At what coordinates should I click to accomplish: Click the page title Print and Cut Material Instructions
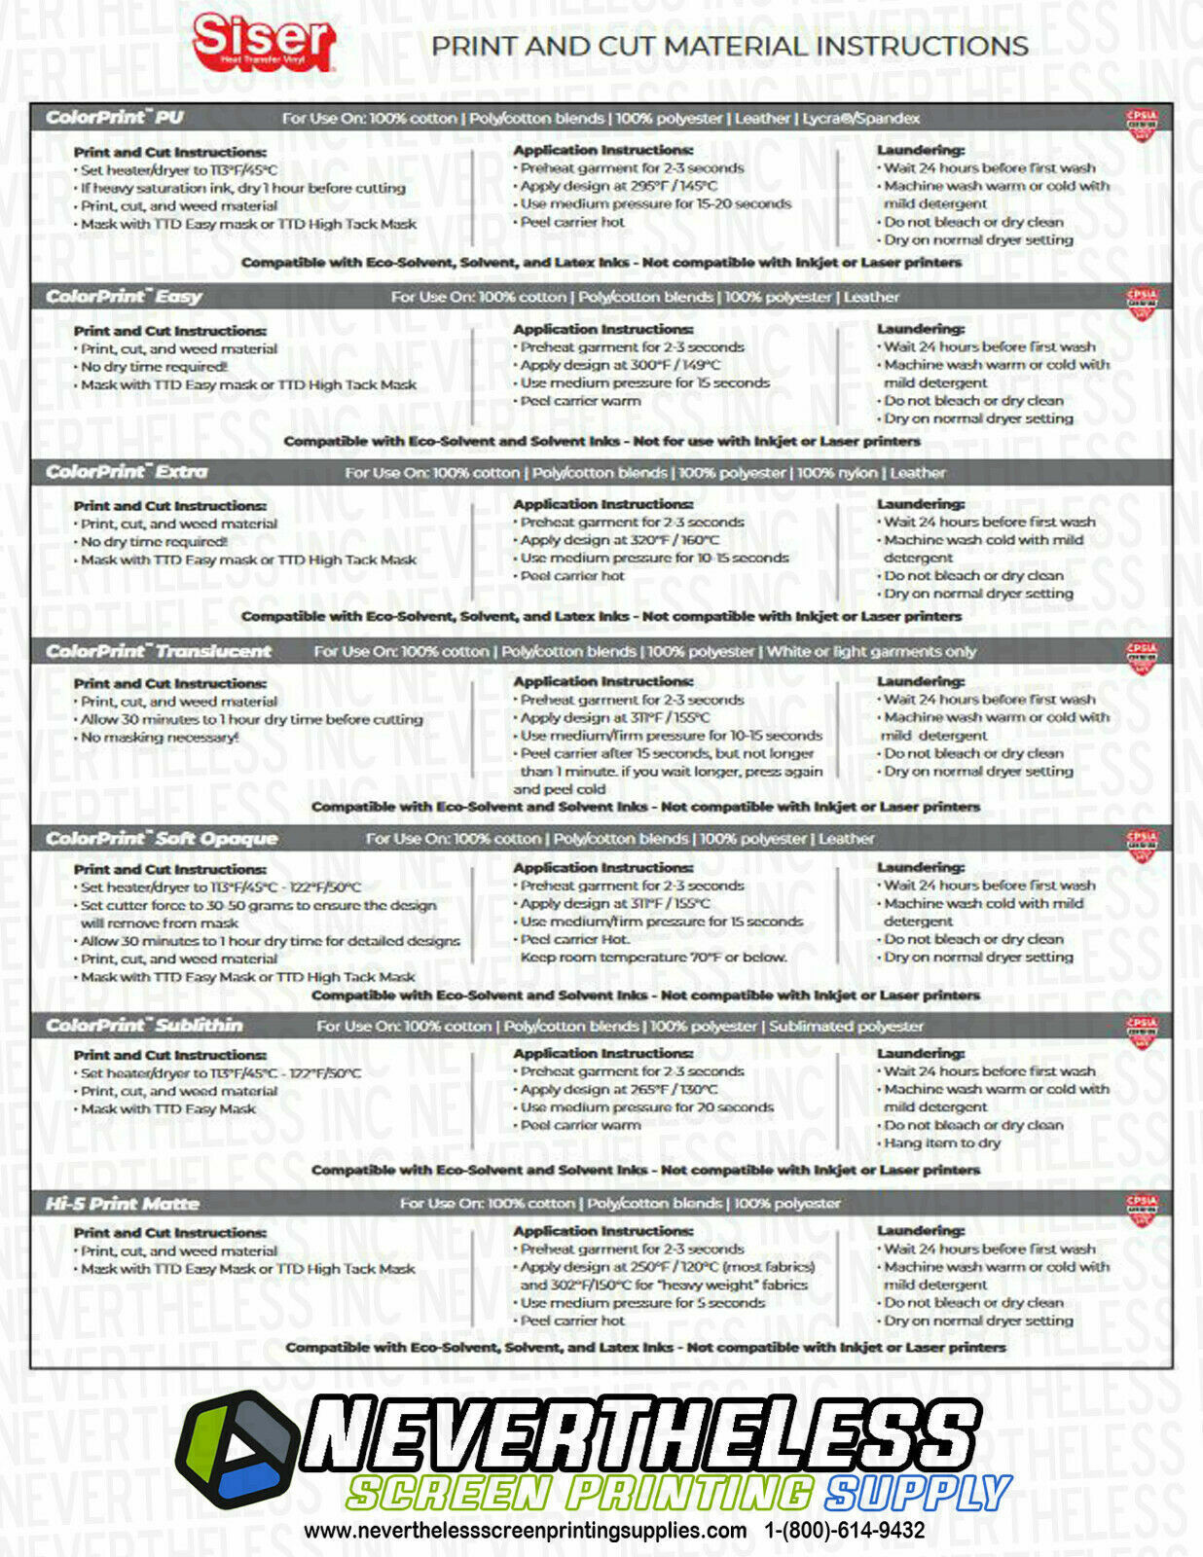[729, 46]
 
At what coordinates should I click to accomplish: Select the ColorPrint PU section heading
[115, 118]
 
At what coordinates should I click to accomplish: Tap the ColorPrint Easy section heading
[124, 297]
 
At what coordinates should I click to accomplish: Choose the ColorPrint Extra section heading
[127, 472]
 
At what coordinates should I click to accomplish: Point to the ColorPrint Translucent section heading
[159, 651]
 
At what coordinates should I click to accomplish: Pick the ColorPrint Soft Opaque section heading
[162, 838]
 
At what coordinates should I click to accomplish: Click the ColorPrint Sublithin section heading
[144, 1025]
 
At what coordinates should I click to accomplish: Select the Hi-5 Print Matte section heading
[122, 1204]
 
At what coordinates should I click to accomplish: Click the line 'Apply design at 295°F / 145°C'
[618, 186]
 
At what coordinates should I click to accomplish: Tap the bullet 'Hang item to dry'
[941, 1142]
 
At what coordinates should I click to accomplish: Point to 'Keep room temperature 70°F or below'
[652, 957]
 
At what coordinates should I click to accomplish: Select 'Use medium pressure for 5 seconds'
[642, 1302]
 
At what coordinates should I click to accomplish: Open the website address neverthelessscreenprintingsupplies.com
[525, 1530]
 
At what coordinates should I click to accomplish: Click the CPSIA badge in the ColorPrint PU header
[1141, 123]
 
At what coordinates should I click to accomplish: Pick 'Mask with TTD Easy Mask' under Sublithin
[167, 1108]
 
